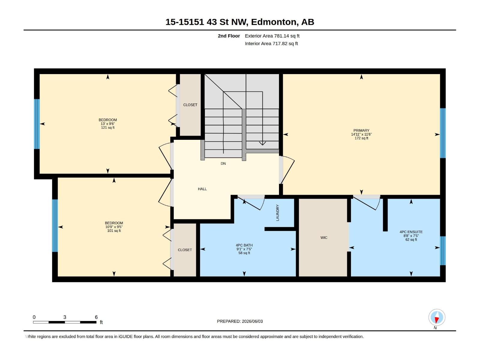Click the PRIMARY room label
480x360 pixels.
361,130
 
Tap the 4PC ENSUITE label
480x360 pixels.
411,232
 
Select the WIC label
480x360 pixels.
324,238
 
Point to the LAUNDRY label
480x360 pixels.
277,213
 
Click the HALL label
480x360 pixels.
202,189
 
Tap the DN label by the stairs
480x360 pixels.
223,163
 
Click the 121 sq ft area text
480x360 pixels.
108,127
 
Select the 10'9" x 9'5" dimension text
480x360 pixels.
114,227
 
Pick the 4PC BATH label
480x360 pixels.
244,245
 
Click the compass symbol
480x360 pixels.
437,317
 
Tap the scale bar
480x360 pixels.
65,322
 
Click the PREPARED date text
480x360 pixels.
240,321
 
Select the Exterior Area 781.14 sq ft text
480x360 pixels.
272,36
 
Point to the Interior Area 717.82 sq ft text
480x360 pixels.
271,43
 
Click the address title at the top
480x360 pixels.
240,22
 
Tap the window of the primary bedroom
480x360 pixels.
442,133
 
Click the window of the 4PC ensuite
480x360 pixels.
442,251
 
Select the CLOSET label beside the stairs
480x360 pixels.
190,105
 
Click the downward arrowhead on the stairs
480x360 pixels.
262,143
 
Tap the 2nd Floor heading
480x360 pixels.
229,36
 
